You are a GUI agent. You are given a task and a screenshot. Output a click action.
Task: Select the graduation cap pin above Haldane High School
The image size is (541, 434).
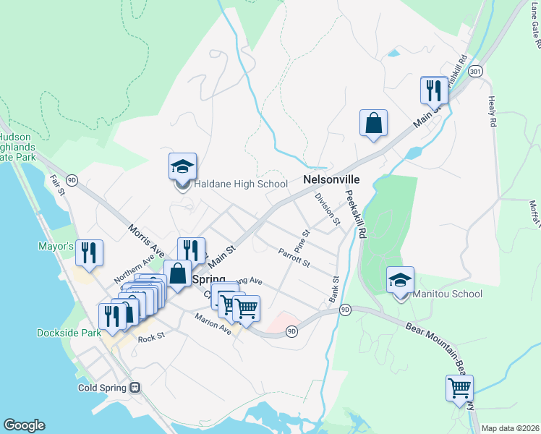(182, 167)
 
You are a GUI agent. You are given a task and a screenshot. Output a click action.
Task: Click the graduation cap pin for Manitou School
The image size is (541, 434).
(400, 281)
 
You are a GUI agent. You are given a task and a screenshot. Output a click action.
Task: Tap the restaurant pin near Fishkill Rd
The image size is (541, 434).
(434, 90)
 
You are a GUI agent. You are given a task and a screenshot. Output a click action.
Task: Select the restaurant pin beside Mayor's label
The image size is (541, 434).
(90, 253)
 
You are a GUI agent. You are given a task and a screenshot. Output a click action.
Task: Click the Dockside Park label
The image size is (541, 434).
(67, 333)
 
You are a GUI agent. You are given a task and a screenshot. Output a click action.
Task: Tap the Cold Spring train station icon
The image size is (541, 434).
(135, 387)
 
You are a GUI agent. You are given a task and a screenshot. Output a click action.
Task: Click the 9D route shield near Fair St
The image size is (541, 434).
(72, 179)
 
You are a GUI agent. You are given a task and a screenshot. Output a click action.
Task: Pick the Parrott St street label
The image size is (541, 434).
(294, 257)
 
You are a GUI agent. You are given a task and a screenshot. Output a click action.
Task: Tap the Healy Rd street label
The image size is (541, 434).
(493, 113)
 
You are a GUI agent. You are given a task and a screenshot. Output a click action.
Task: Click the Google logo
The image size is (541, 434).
(24, 425)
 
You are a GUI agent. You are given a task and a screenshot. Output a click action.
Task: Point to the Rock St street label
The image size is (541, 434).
(151, 337)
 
